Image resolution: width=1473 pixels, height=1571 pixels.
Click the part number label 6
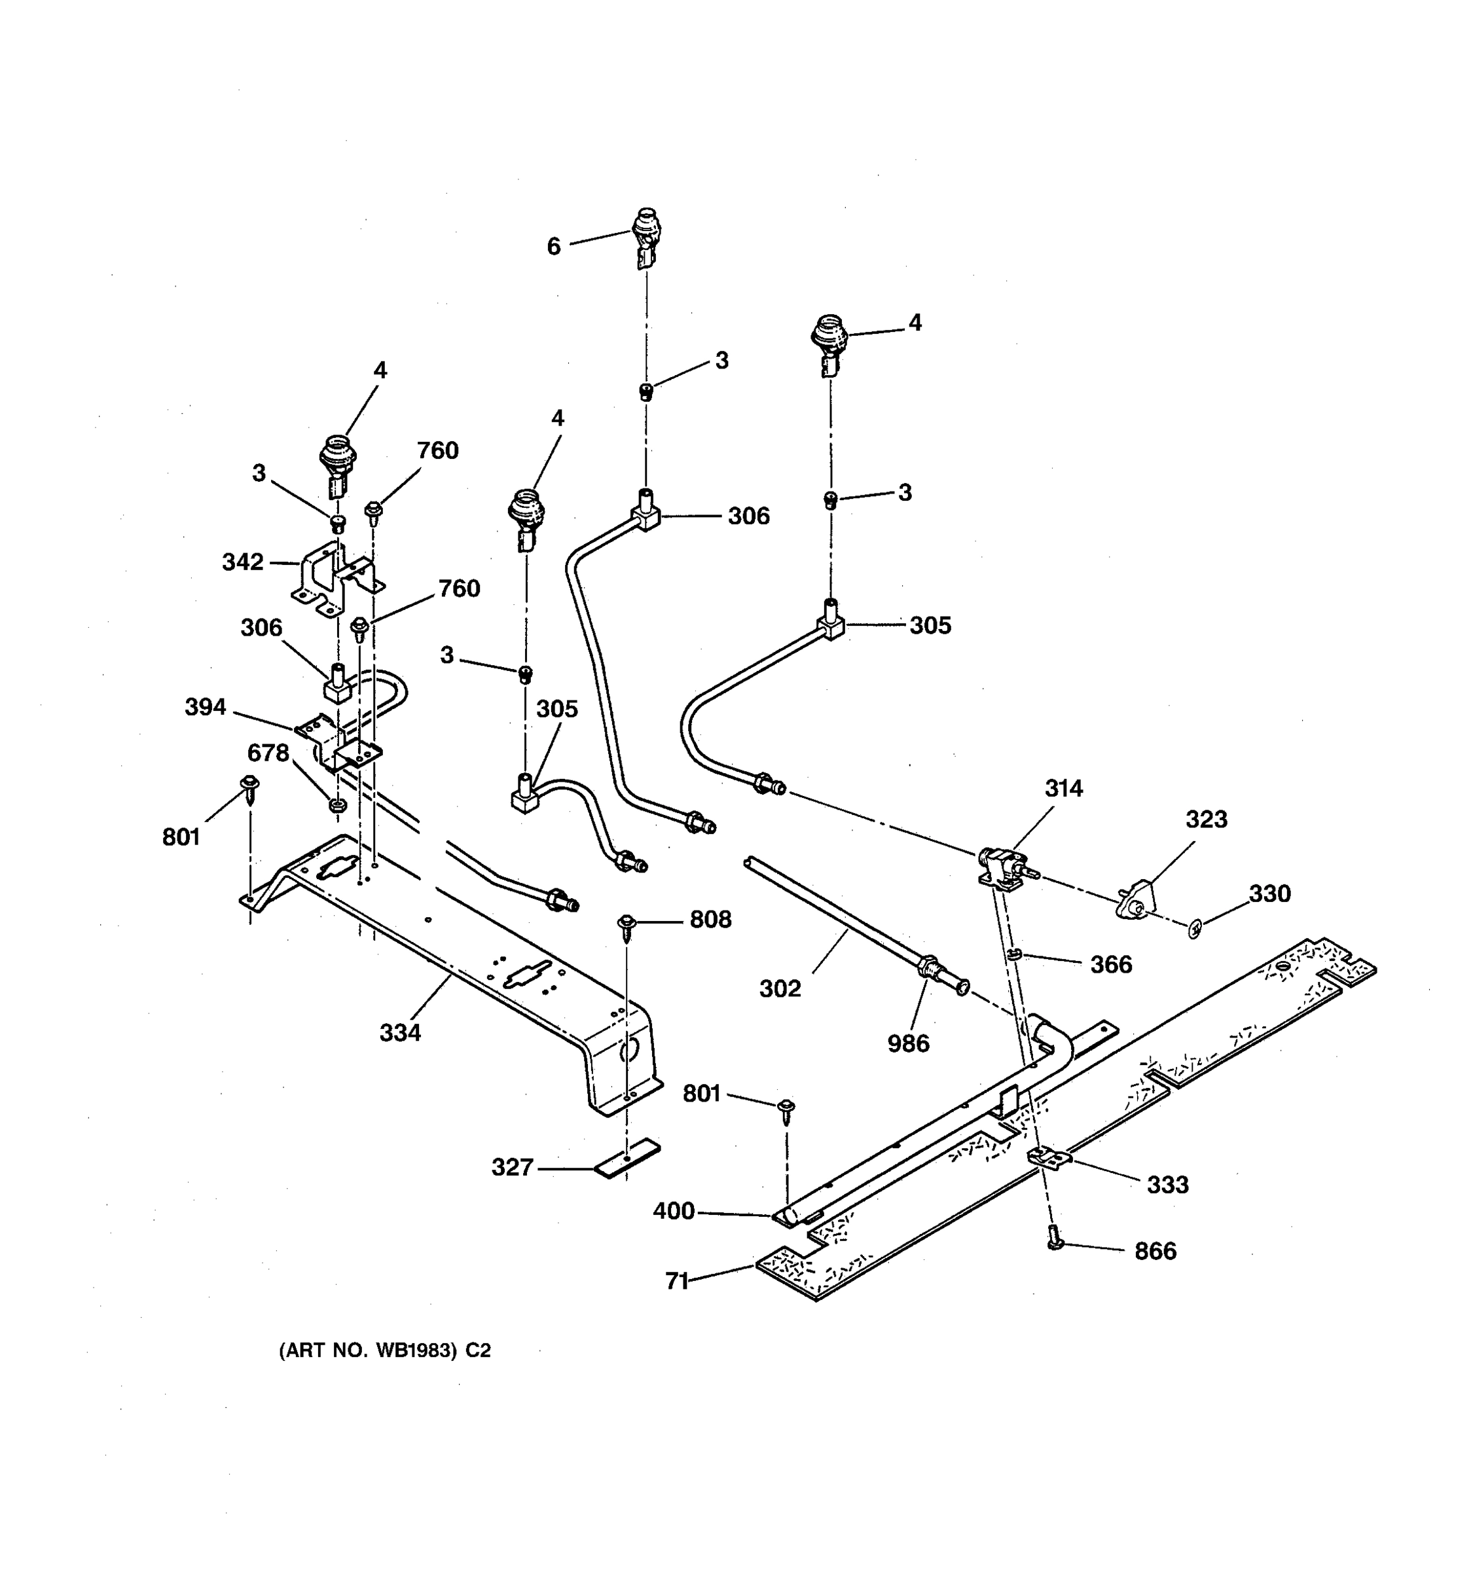[x=553, y=247]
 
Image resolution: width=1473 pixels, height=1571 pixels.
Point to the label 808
[x=710, y=919]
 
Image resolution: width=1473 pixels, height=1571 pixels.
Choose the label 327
[x=512, y=1166]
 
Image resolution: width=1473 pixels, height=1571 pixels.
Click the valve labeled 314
[x=1002, y=865]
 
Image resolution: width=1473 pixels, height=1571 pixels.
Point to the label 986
[x=908, y=1043]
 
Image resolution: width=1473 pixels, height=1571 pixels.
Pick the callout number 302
[x=780, y=988]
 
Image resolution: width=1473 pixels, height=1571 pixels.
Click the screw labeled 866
[x=1055, y=1237]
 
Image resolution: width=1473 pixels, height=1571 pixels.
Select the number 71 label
[x=676, y=1281]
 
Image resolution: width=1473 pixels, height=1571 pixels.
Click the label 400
[x=673, y=1210]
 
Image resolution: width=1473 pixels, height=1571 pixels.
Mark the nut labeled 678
[x=336, y=805]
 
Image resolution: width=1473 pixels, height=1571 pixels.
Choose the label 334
[x=400, y=1032]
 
